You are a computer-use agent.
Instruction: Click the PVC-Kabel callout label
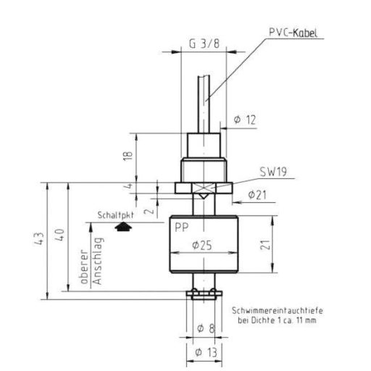point(293,33)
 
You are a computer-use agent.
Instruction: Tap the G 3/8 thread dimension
point(204,43)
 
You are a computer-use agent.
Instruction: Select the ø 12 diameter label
point(245,120)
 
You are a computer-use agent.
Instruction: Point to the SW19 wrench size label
point(273,172)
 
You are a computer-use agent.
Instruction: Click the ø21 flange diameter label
point(257,195)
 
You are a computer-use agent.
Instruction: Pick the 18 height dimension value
point(128,156)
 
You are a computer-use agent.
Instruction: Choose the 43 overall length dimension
point(39,238)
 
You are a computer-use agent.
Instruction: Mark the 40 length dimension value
point(59,235)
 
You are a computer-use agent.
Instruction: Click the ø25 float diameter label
point(202,246)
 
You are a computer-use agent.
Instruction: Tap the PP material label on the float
point(182,228)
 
